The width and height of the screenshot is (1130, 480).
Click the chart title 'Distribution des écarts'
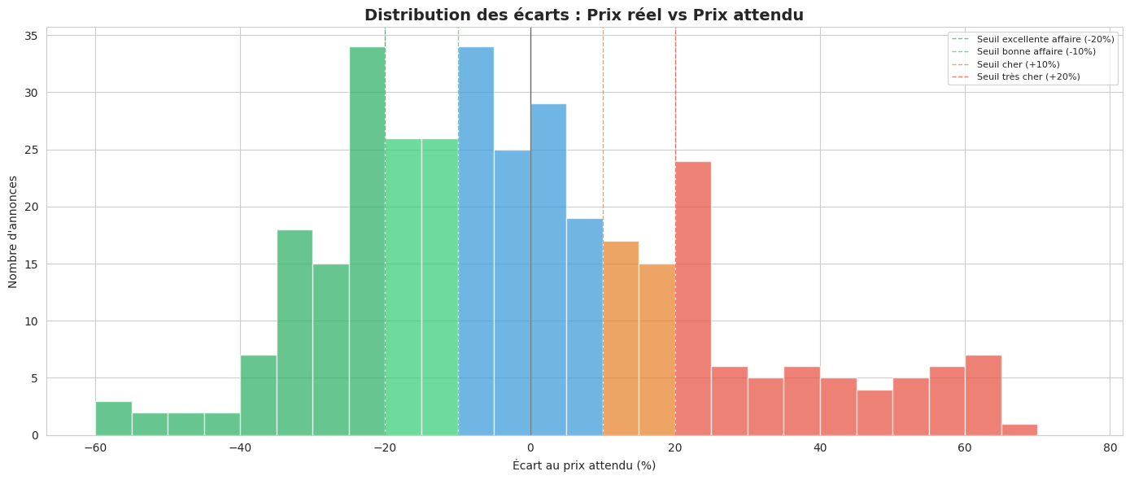583,15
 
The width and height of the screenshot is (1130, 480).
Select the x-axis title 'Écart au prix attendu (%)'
583,465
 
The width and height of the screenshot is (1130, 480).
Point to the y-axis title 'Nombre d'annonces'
13,231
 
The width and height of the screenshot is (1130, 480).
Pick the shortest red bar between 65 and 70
1019,430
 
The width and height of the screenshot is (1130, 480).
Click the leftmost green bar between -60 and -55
113,418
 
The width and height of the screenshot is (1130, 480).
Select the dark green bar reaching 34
367,241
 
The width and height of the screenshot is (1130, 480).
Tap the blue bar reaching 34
476,241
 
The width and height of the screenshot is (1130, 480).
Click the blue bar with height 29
548,269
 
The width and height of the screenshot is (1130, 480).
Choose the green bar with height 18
294,332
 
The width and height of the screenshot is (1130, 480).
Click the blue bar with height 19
584,326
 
